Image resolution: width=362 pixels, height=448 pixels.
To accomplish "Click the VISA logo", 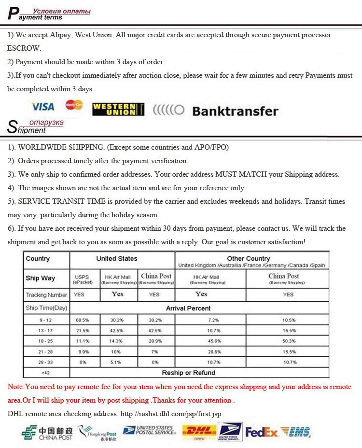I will pos(43,106).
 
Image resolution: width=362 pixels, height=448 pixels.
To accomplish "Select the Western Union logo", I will pos(118,109).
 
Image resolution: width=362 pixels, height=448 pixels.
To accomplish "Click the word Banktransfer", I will pos(235,111).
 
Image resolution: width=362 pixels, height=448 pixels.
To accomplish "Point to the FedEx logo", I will pos(261,432).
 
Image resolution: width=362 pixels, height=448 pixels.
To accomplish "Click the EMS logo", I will pos(295,432).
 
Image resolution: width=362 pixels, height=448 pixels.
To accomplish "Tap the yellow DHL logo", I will pos(199,431).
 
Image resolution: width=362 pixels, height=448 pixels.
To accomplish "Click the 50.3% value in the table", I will pos(288,341).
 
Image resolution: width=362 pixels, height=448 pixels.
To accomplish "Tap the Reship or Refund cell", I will pos(188,373).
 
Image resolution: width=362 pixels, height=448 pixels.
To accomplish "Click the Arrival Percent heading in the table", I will pos(188,308).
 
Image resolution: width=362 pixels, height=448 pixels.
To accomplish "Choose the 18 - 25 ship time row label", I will pos(46,341).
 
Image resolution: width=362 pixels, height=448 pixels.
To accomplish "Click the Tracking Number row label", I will pos(46,294).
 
